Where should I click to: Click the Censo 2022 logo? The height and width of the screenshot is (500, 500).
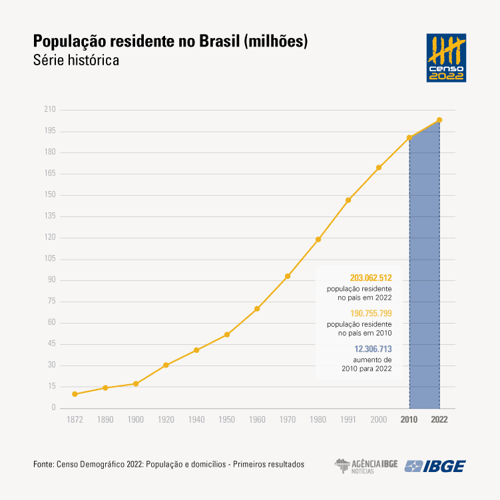tap(446, 58)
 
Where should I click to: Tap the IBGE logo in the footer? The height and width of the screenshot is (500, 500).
tap(435, 466)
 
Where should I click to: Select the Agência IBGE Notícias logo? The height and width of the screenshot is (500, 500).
tap(366, 466)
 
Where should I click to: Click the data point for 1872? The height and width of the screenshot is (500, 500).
tap(75, 394)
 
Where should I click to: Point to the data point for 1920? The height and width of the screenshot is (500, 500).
tap(166, 365)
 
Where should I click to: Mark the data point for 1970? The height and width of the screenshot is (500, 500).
tap(288, 276)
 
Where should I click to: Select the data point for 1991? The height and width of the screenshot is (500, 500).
tap(348, 200)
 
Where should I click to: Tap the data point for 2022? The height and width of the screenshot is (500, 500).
tap(439, 120)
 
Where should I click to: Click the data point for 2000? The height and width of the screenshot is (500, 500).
tap(379, 167)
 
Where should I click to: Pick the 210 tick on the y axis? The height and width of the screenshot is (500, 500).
tap(49, 110)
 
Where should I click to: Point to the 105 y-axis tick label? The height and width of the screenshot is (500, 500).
tap(49, 259)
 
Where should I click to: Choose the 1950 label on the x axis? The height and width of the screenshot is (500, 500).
tap(226, 420)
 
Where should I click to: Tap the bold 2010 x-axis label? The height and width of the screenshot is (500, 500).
tap(409, 420)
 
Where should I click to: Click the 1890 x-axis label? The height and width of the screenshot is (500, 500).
tap(105, 420)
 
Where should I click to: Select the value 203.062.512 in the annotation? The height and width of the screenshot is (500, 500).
tap(371, 278)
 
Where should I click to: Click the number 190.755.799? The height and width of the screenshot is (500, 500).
tap(371, 313)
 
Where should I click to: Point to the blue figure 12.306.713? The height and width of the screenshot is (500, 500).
tap(373, 348)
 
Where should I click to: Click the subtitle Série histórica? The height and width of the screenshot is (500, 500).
tap(76, 60)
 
